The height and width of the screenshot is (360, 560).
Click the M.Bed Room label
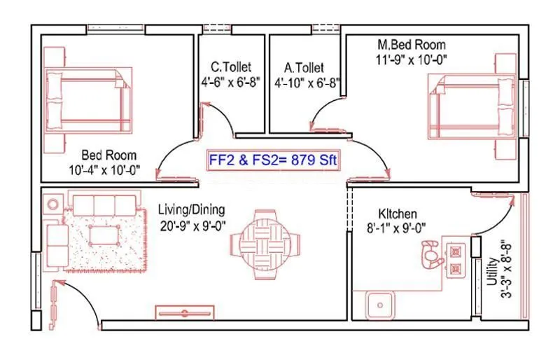pyautogui.click(x=412, y=45)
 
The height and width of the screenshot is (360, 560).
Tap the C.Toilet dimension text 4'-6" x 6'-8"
pyautogui.click(x=231, y=83)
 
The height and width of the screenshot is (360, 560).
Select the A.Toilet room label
pyautogui.click(x=304, y=67)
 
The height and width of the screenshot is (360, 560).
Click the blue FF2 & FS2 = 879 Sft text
pyautogui.click(x=273, y=160)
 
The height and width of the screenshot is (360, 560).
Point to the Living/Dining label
pyautogui.click(x=191, y=210)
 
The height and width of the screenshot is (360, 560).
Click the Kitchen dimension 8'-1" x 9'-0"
pyautogui.click(x=396, y=228)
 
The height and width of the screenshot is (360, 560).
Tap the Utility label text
pyautogui.click(x=493, y=271)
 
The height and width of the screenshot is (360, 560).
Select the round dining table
pyautogui.click(x=265, y=245)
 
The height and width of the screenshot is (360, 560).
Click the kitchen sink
pyautogui.click(x=379, y=305)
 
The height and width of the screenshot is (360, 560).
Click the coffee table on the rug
pyautogui.click(x=104, y=235)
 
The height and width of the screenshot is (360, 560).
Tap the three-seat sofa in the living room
pyautogui.click(x=104, y=205)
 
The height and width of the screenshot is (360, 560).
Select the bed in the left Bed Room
pyautogui.click(x=88, y=100)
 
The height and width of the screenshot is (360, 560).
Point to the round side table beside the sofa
pyautogui.click(x=53, y=205)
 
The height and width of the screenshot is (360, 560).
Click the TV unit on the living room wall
pyautogui.click(x=185, y=312)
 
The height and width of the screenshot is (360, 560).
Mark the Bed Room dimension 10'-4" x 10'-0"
pyautogui.click(x=104, y=169)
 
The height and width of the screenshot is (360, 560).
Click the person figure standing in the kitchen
pyautogui.click(x=432, y=254)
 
